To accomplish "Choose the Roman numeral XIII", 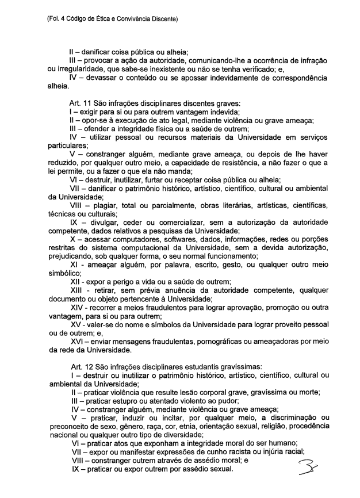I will coord(75,291).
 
